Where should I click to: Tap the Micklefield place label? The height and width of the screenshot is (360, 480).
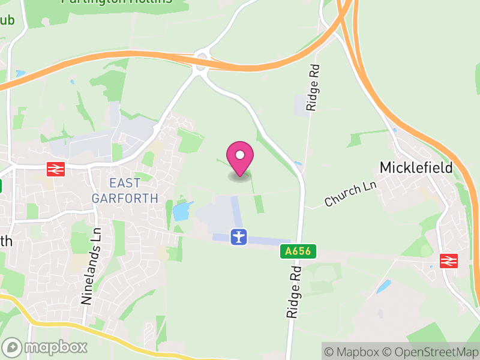(x=416, y=167)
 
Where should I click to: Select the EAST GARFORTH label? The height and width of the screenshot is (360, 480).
(x=125, y=190)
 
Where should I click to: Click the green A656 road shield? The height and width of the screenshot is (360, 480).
(x=298, y=252)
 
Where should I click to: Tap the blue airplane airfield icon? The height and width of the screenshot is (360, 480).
(x=239, y=236)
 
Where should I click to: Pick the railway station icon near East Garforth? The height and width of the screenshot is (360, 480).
(x=55, y=170)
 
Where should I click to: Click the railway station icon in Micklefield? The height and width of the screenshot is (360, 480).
(x=448, y=260)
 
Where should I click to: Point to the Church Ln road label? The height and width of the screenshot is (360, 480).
(x=350, y=194)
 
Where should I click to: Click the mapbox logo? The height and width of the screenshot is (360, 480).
(x=46, y=347)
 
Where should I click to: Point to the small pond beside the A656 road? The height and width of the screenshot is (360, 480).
(x=298, y=163)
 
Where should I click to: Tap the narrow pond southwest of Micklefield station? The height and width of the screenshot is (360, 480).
(x=383, y=287)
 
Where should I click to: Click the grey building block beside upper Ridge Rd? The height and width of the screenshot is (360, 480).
(x=301, y=106)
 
